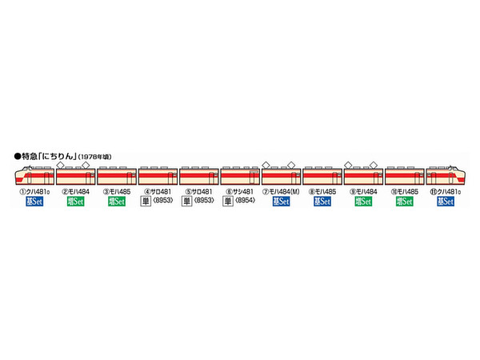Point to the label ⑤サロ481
(x=199, y=191)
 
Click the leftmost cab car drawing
(x=34, y=176)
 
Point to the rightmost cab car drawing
(x=446, y=176)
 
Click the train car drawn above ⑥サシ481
(x=240, y=176)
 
